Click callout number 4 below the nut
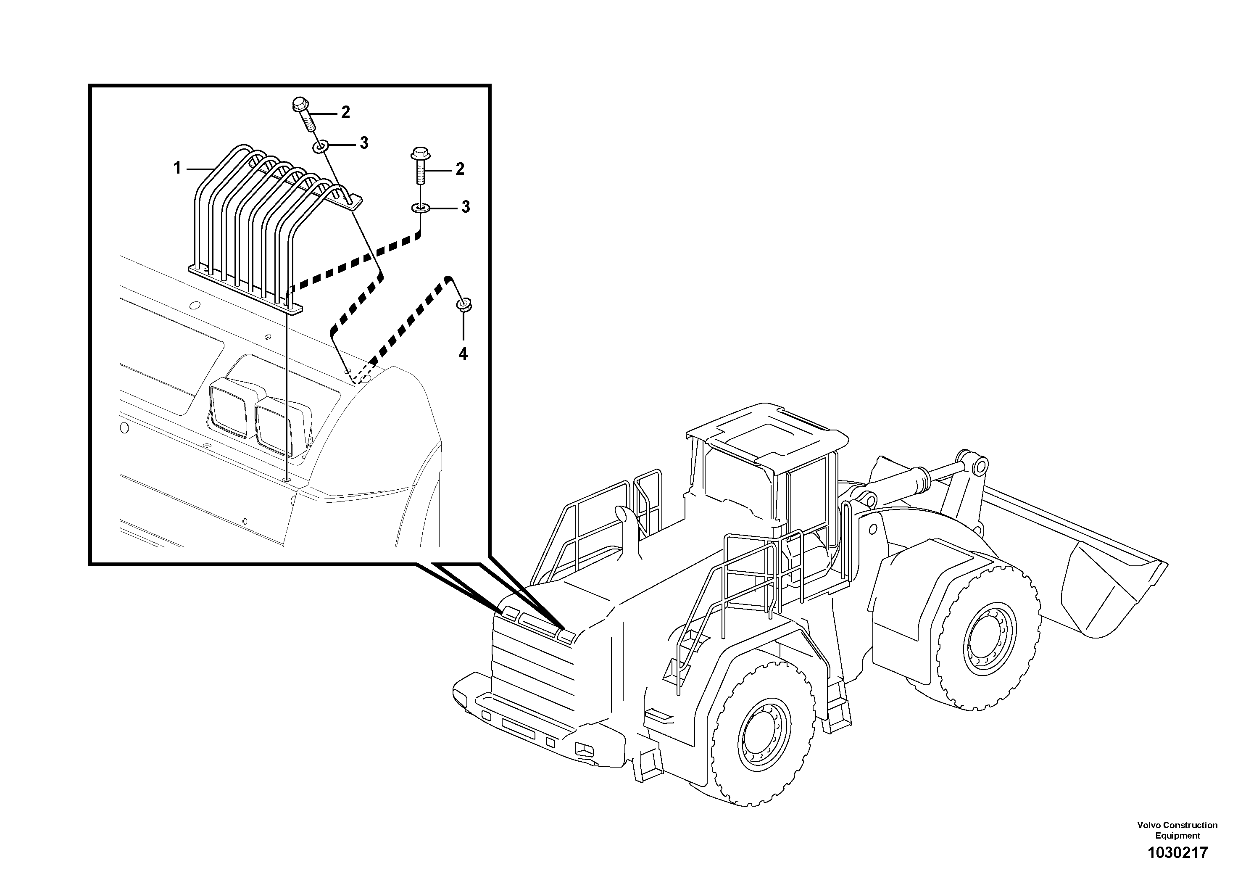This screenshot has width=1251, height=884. point(463,354)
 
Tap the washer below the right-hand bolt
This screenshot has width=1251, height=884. point(420,208)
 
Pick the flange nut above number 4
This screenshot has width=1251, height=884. point(465,306)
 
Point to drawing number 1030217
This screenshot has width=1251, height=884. point(1177,852)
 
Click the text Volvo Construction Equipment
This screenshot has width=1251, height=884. point(1177,830)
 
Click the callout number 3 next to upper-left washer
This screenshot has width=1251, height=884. point(363,143)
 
